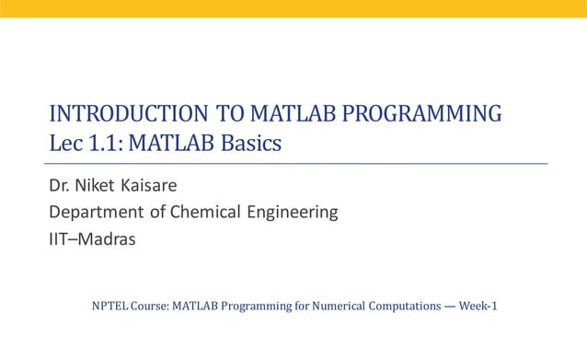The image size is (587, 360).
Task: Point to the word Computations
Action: pos(401,306)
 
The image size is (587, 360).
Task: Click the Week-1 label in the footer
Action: pos(477,306)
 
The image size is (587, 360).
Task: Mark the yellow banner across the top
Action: pos(293,8)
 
